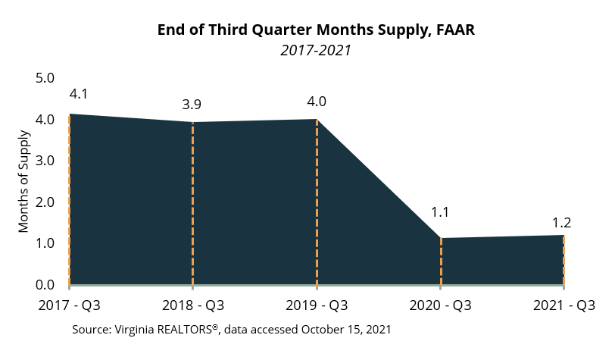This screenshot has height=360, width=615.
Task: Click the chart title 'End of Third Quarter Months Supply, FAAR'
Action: [316, 30]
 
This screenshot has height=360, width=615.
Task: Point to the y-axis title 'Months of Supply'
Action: [23, 182]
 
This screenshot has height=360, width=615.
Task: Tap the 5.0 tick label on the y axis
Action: [45, 78]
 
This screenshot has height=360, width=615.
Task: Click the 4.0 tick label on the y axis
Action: [45, 120]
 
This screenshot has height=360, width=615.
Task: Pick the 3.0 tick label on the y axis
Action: [45, 161]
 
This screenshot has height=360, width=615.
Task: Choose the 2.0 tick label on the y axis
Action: [45, 202]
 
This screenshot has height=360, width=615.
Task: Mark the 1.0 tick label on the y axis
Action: [45, 243]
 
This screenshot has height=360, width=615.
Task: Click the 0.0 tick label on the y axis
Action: [45, 285]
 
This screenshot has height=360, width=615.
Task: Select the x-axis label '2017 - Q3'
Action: [69, 306]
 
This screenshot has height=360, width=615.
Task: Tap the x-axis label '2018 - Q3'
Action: [193, 306]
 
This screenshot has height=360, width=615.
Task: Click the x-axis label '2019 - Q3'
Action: [317, 306]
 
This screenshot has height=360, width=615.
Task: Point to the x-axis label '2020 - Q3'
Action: [441, 306]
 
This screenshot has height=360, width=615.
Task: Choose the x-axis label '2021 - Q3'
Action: [563, 306]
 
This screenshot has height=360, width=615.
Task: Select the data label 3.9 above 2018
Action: [193, 104]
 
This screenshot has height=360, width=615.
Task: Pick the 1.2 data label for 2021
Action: [561, 223]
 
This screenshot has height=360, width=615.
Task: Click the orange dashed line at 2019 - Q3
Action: [317, 205]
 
